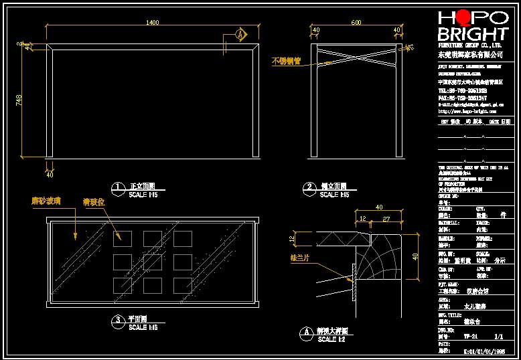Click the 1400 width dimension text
coord(153,23)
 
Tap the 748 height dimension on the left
coord(19,100)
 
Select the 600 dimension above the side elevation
coord(356,23)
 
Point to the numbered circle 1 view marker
coord(118,188)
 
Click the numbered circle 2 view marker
coord(309,188)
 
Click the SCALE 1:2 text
coord(331,339)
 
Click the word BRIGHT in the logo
coord(471,34)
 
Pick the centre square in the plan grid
coord(151,260)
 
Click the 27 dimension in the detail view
coord(386,218)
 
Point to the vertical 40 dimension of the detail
coord(415,256)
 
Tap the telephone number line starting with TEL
coord(462,90)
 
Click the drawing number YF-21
coord(471,336)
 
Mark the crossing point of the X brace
coord(356,52)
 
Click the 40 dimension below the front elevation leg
coord(50,175)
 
